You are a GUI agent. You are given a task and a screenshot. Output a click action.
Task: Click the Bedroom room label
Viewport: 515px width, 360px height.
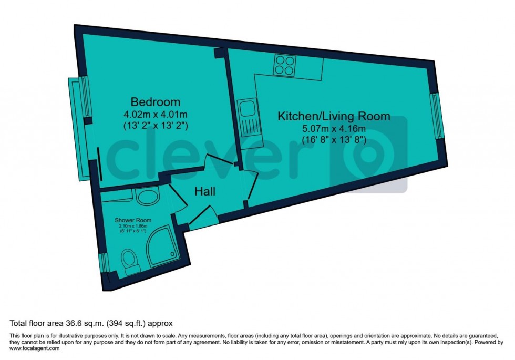156,102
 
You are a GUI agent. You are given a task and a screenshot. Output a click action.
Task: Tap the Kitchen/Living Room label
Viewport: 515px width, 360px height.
334,116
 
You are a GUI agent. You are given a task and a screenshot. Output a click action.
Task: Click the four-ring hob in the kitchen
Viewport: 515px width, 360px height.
284,66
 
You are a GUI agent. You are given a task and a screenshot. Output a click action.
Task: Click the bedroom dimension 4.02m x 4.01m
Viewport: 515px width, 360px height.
156,114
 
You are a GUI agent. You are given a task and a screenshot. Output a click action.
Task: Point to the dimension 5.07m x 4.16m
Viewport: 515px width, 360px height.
334,128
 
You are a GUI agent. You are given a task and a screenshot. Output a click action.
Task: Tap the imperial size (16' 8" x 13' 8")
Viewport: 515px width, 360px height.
334,140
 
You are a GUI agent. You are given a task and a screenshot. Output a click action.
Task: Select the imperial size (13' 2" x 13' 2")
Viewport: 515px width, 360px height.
156,126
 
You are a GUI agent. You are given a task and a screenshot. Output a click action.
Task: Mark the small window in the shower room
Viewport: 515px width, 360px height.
103,263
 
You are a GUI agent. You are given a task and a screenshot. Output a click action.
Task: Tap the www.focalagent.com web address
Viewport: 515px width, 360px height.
32,348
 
